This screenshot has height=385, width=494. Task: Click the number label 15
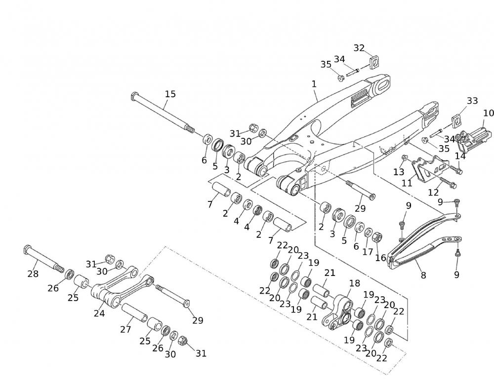click(x=170, y=94)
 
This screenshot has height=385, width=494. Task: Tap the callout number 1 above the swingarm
click(x=314, y=84)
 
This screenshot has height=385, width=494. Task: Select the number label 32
click(x=359, y=48)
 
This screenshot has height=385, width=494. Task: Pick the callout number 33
click(x=472, y=101)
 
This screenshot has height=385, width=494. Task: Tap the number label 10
click(x=488, y=113)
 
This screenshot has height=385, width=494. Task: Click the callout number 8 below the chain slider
click(x=423, y=276)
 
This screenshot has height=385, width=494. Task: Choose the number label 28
click(x=33, y=273)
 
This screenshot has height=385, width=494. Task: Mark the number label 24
click(x=99, y=313)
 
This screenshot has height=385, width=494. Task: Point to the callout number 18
click(x=355, y=283)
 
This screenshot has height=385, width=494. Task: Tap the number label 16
click(x=381, y=258)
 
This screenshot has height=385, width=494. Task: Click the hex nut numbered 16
click(x=376, y=236)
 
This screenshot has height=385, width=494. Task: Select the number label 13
click(x=399, y=172)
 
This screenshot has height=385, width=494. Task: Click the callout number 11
click(x=407, y=183)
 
